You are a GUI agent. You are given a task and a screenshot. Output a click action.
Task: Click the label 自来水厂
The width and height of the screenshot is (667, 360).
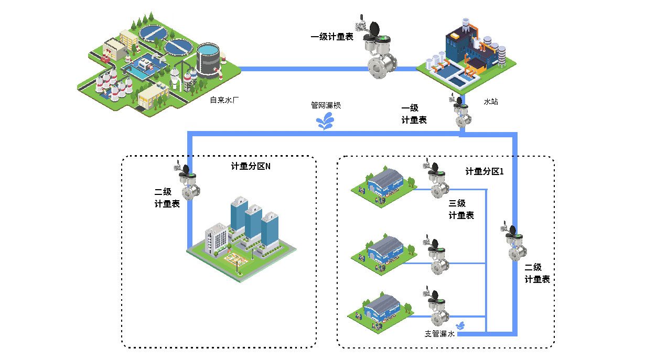pos(224,99)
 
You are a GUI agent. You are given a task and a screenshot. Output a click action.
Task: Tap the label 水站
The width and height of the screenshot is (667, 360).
pos(490,102)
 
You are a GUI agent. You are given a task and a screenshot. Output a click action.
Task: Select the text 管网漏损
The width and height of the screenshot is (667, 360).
pos(326,105)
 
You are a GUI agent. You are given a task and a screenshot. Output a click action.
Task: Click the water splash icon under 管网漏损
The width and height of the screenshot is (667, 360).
pos(327,123)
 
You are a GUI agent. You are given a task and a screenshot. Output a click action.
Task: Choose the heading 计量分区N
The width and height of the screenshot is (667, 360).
pos(251,167)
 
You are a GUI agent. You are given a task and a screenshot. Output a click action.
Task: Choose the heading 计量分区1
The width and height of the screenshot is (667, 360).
pos(484,171)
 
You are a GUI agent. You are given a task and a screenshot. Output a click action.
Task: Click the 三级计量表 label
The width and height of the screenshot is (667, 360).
pos(461,209)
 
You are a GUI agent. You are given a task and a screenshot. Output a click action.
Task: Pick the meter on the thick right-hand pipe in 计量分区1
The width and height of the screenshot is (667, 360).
pos(514,243)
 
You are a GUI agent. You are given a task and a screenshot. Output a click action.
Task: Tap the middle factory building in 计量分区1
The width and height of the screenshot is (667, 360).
pos(385,252)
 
